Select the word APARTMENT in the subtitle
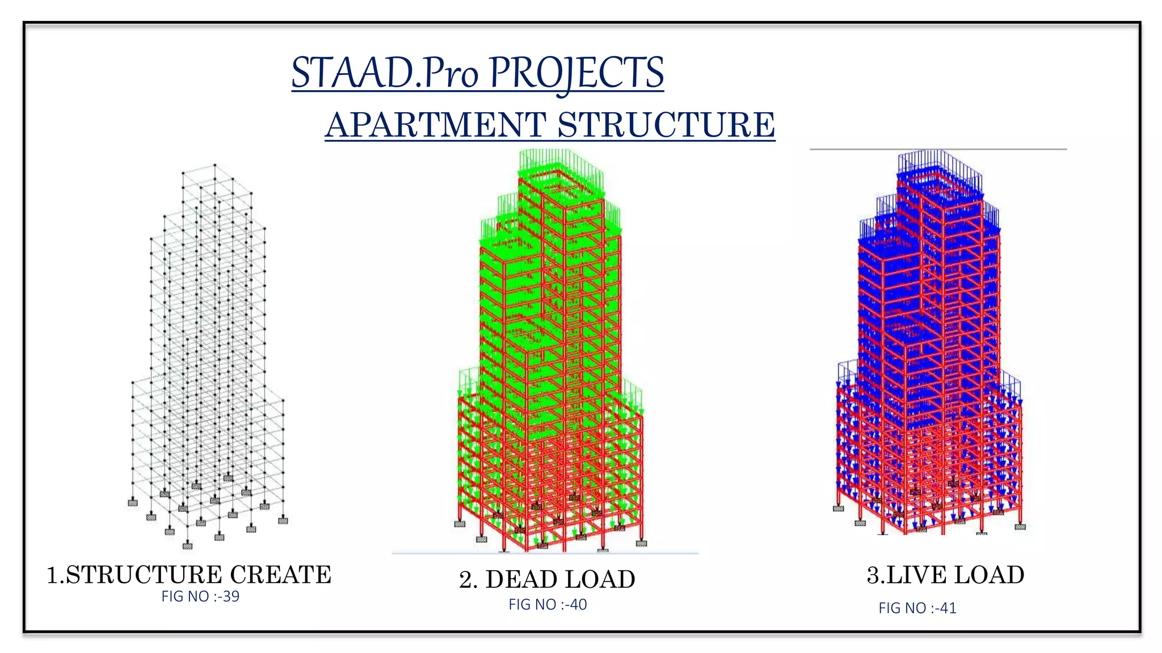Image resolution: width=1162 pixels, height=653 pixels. click(436, 125)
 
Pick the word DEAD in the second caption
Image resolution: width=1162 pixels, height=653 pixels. click(521, 580)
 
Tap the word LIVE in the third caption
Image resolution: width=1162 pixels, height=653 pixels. click(916, 575)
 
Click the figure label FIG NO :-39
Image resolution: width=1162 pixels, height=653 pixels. click(200, 596)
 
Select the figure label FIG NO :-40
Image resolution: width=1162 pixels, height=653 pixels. click(548, 605)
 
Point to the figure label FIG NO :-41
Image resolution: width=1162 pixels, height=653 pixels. click(917, 608)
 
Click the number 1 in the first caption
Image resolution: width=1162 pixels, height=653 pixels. click(52, 575)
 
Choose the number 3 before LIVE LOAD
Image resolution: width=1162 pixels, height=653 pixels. click(873, 575)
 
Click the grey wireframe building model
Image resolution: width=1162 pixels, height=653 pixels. click(207, 351)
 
